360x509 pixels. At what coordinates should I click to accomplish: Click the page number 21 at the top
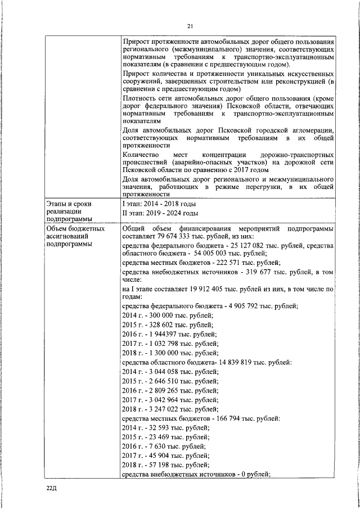point(190,26)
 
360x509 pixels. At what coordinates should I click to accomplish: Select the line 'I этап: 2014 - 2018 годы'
point(159,203)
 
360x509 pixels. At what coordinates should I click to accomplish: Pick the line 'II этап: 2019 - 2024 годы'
point(160,213)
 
